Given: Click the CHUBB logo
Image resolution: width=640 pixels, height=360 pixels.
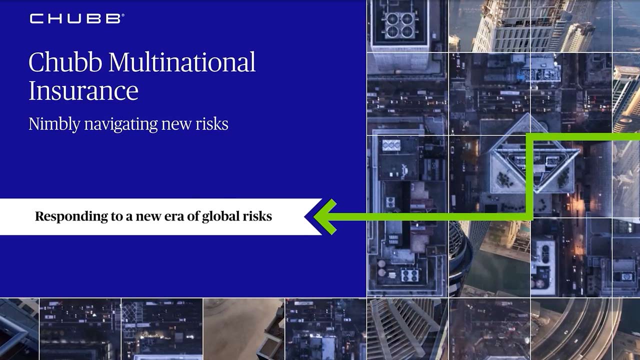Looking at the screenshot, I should pos(75,19).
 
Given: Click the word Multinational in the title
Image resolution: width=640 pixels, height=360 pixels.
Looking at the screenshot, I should pos(182,62).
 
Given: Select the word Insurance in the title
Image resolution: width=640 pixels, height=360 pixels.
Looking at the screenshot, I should pos(83,91).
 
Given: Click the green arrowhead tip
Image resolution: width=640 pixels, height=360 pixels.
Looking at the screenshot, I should pos(317,216).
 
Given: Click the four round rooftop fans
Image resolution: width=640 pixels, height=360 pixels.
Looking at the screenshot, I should pos(400,25).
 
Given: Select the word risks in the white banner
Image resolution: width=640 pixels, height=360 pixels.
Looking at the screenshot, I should pos(259,216).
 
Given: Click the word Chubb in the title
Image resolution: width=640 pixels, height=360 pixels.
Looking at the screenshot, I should pos(66,62).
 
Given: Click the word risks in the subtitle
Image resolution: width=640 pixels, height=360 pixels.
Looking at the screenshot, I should pos(212,124).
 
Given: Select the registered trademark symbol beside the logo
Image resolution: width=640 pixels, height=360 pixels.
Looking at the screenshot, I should pos(123,15).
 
